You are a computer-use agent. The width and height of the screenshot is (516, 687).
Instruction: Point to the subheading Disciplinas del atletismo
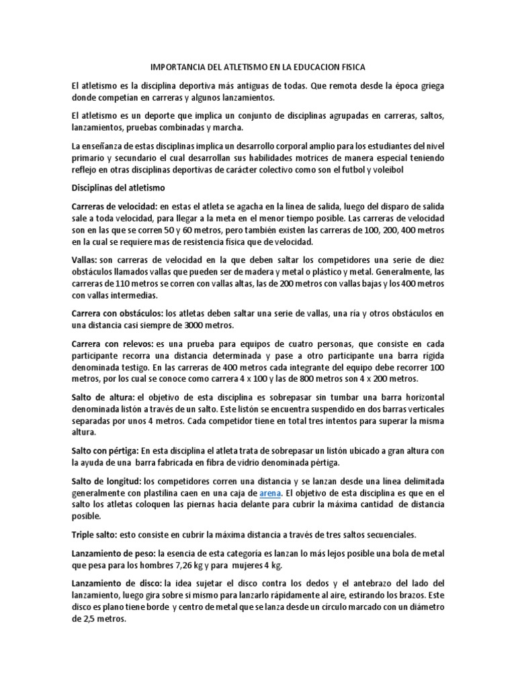pos(122,188)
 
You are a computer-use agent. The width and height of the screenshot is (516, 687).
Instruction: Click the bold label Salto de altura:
pos(104,397)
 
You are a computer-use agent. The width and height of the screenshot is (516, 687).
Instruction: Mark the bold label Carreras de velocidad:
pos(115,205)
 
